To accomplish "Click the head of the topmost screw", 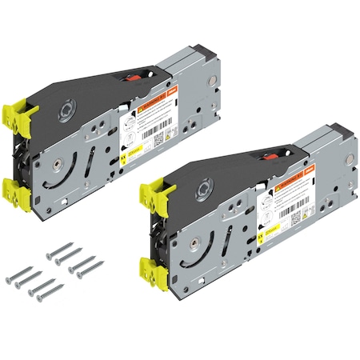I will [x=50, y=256].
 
